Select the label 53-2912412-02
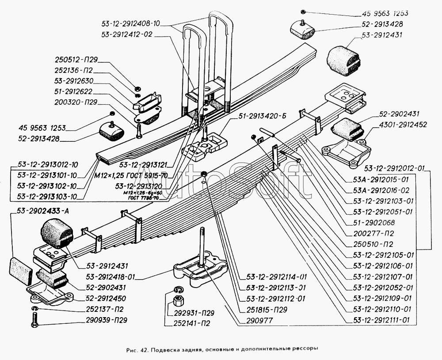tap(126, 34)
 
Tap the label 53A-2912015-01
tap(381, 180)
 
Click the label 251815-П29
tap(267, 309)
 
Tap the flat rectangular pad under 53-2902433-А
tap(20, 271)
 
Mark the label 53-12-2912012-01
tap(395, 168)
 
